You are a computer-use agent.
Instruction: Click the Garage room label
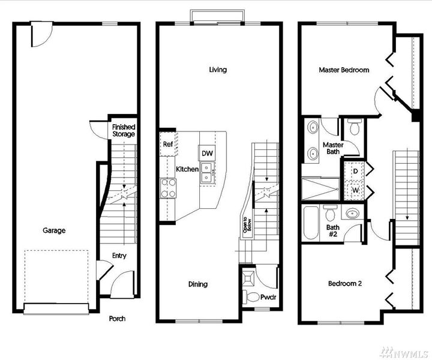[x=54, y=230]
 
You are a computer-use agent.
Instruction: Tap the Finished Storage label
[x=124, y=131]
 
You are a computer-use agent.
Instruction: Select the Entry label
[x=119, y=256]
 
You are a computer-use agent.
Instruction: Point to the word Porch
[x=117, y=319]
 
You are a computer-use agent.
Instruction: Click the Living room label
[x=218, y=70]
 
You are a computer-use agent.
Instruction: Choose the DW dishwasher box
[x=207, y=154]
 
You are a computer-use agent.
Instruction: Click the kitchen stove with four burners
[x=167, y=189]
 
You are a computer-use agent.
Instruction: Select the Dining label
[x=197, y=284]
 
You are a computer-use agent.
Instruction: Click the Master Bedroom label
[x=344, y=70]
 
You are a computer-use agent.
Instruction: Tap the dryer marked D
[x=355, y=172]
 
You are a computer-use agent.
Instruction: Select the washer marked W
[x=355, y=190]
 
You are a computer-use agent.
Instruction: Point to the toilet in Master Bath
[x=353, y=127]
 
